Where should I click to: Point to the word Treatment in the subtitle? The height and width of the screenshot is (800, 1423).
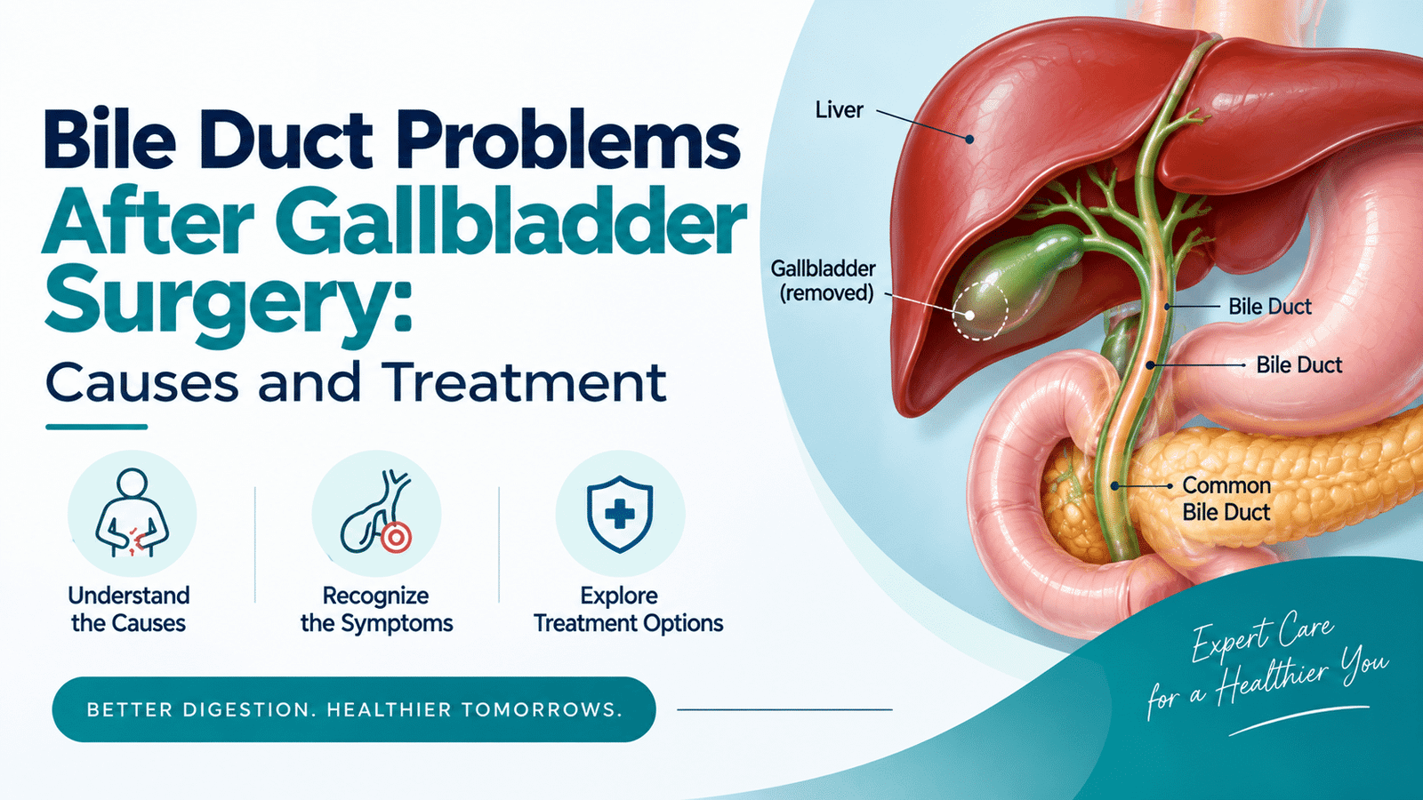click(x=527, y=383)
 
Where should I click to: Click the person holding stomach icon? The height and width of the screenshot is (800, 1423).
click(x=132, y=513)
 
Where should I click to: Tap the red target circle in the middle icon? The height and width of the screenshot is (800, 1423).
click(x=397, y=538)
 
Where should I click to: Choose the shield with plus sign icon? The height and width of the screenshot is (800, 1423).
click(x=620, y=513)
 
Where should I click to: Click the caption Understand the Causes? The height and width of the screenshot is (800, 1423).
click(x=129, y=610)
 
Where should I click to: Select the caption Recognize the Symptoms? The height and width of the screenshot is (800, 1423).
click(x=377, y=610)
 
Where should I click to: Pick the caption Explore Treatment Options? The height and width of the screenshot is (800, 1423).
click(x=628, y=610)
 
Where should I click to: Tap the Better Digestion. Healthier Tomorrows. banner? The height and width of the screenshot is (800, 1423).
click(x=354, y=709)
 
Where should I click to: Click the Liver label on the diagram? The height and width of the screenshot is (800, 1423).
click(x=840, y=110)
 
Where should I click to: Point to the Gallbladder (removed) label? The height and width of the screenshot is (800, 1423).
click(x=824, y=281)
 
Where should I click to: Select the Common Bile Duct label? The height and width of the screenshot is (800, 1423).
click(x=1226, y=499)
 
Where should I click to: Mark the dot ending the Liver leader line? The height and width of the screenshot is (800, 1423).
click(x=969, y=139)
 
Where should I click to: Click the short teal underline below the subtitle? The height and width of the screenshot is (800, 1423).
click(x=97, y=428)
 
